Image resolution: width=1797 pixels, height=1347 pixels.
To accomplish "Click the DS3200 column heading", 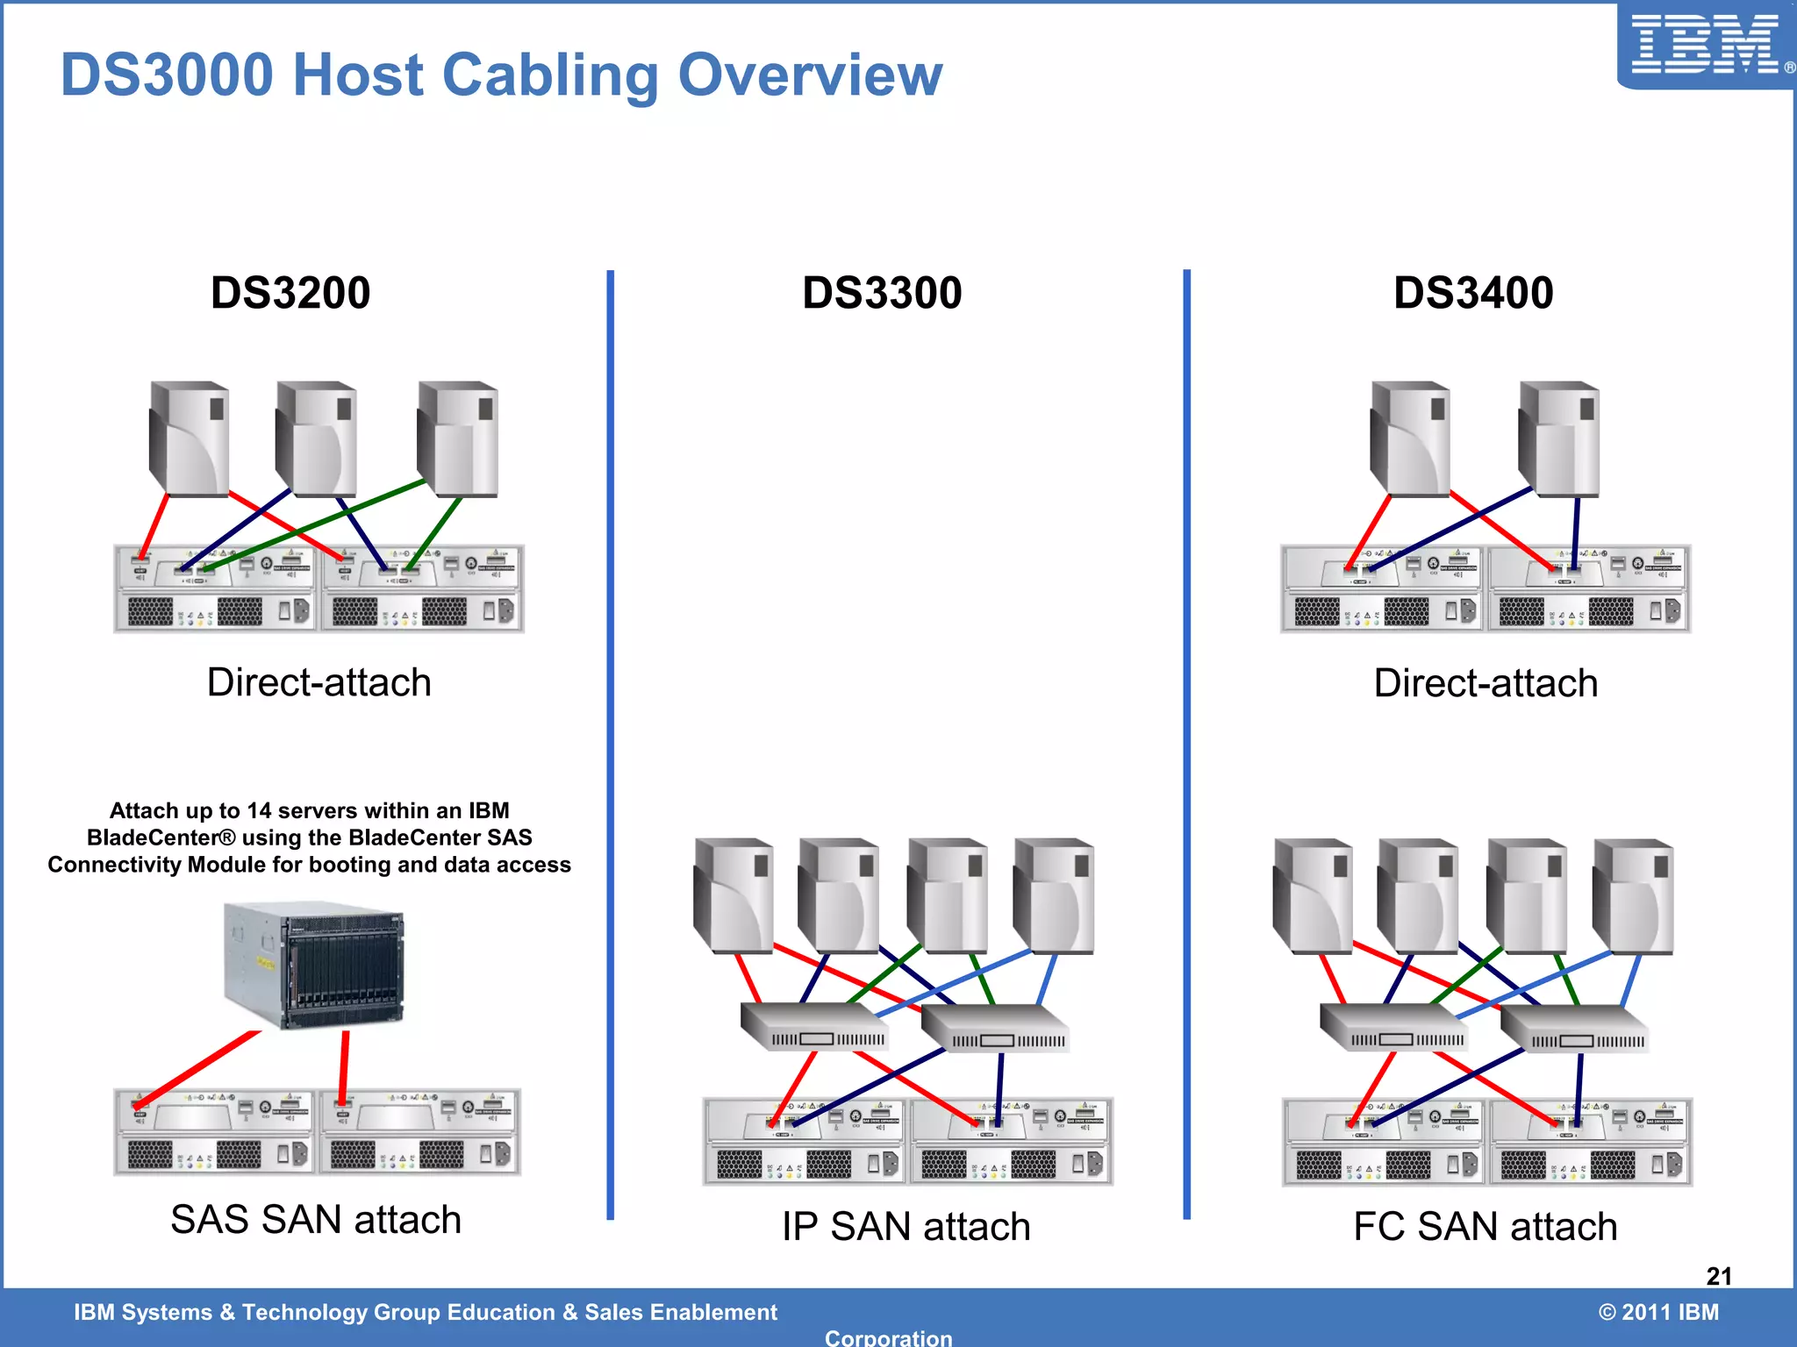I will coord(290,293).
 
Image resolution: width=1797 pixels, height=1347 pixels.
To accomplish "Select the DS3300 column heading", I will coord(882,293).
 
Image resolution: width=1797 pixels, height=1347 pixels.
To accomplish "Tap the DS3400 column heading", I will coord(1473,293).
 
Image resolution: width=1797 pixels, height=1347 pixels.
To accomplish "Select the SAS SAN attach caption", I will coord(316,1219).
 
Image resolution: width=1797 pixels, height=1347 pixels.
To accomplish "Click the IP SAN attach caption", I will coord(906,1226).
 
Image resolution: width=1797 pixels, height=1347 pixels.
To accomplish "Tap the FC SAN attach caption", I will coord(1485,1226).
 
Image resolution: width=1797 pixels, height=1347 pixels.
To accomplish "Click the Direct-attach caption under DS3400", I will coord(1486,683).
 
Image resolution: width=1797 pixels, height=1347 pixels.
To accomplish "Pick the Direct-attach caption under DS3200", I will coord(319,682).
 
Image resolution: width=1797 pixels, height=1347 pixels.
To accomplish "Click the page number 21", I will coord(1719,1276).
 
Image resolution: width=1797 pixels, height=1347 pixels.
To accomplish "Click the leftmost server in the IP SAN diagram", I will coord(734,894).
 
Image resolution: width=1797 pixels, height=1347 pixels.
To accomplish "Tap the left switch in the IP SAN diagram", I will coord(814,1027).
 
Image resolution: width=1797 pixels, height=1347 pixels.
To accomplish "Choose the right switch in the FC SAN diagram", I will coord(1575,1029).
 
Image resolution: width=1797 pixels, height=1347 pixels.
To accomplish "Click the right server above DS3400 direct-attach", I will coord(1559,438).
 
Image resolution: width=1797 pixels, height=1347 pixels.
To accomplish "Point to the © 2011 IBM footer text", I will coord(1658,1312).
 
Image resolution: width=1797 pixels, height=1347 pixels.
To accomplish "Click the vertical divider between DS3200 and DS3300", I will coord(610,745).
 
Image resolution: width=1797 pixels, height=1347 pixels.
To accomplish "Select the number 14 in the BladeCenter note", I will coord(259,810).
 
